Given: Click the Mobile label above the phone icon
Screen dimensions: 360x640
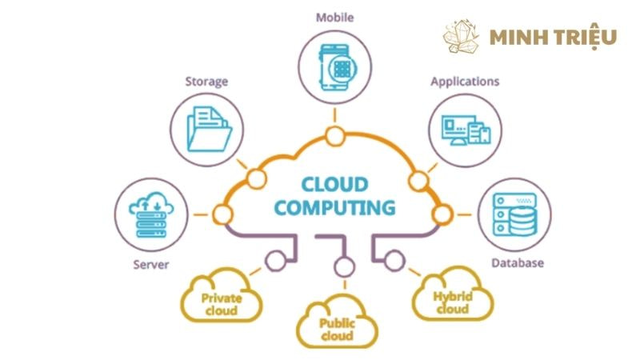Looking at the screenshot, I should pyautogui.click(x=334, y=16).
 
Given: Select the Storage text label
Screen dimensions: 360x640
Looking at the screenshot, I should pyautogui.click(x=206, y=81).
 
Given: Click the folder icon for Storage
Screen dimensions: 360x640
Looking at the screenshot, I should pyautogui.click(x=207, y=129).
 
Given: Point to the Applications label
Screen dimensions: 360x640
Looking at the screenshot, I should pyautogui.click(x=465, y=81).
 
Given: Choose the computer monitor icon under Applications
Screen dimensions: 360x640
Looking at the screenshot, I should pyautogui.click(x=465, y=128).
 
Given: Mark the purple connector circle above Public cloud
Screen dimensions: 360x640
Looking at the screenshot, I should pyautogui.click(x=345, y=266).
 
